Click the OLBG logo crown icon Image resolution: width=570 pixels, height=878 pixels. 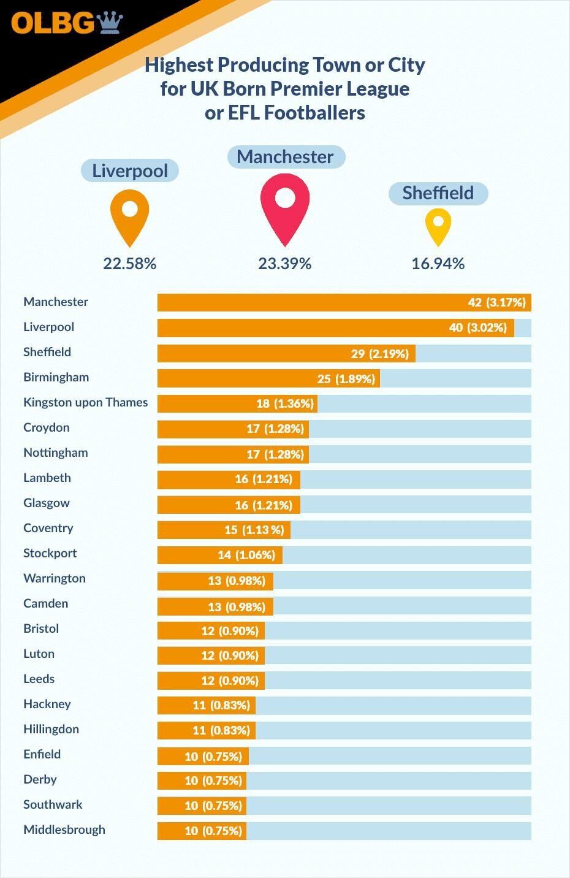pos(110,22)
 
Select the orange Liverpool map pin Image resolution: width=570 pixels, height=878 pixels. pos(130,215)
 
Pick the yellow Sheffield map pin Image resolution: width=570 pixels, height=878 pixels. pos(438,226)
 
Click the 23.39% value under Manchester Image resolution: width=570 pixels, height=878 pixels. pos(285,264)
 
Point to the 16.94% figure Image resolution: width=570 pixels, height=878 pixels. pos(438,264)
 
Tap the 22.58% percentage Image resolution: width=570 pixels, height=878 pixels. pos(130,264)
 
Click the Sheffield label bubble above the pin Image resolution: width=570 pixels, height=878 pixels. pos(438,193)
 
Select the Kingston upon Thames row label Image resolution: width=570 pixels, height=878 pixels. pos(86,402)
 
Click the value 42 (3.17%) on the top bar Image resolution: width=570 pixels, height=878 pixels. pos(497,302)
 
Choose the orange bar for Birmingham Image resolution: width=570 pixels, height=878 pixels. pos(268,378)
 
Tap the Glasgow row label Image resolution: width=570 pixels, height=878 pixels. pos(47,503)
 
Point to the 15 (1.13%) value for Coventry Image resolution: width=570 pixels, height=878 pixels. pos(254,530)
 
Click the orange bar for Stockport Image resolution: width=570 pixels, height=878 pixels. pos(219,555)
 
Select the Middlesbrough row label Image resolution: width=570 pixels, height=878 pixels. pos(64,830)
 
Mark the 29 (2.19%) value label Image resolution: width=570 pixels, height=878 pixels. pos(380,353)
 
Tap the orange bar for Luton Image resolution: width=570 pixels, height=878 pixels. pos(211,655)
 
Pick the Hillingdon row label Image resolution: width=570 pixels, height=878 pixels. pos(51,729)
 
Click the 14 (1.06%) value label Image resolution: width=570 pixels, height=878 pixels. pos(246,555)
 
